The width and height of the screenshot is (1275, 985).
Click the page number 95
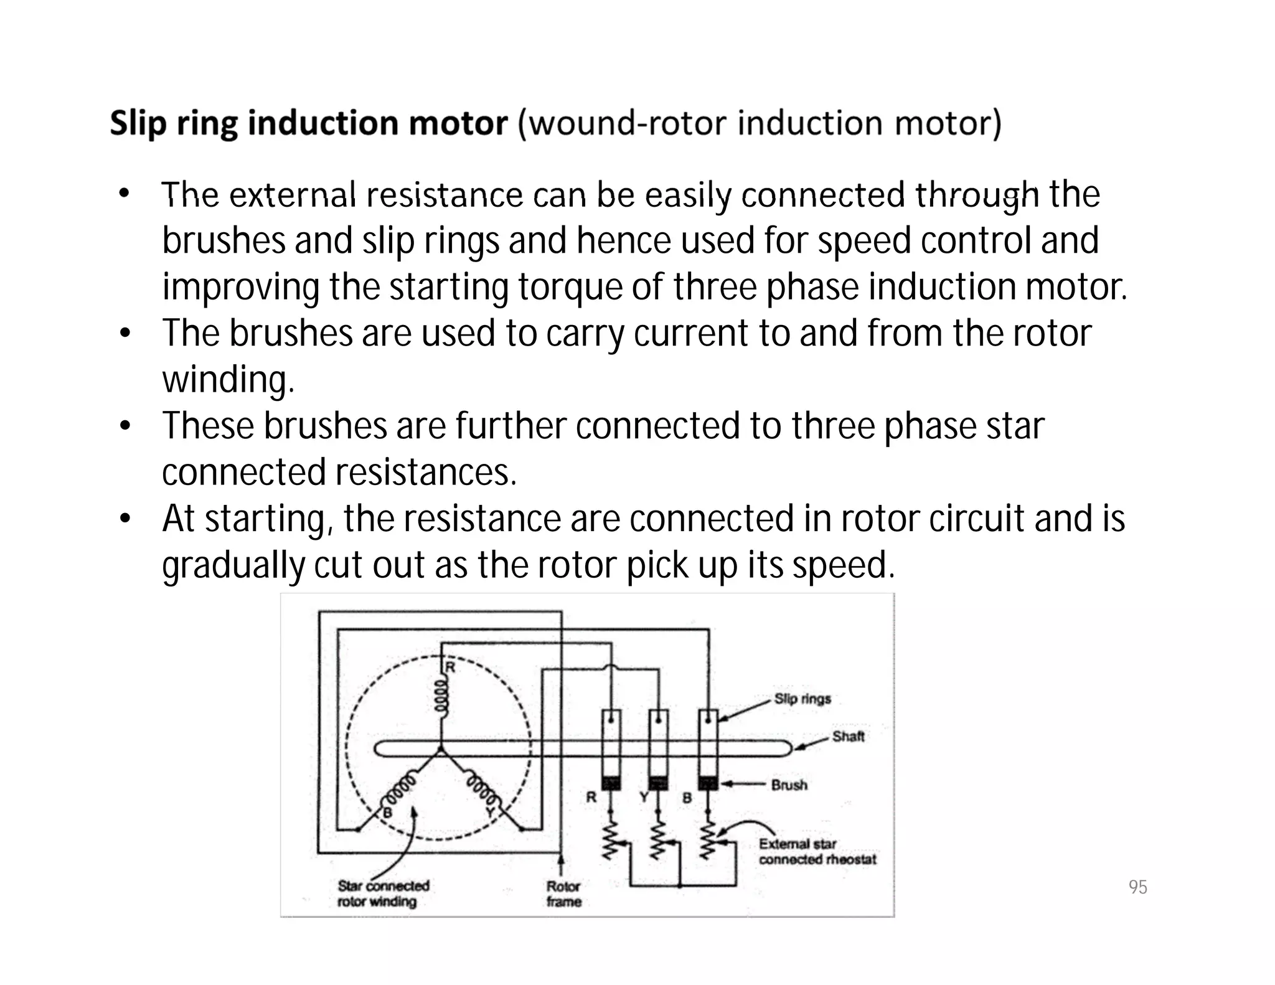[1137, 887]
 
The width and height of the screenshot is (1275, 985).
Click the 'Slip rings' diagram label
[802, 699]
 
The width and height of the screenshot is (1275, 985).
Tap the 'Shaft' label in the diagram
[848, 737]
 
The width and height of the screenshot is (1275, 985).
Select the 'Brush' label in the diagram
[789, 785]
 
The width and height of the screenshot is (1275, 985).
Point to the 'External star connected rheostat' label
[817, 851]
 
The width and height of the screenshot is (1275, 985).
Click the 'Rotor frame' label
[563, 893]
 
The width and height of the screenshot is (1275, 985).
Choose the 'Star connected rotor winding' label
[383, 893]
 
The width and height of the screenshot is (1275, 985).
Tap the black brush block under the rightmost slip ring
[708, 783]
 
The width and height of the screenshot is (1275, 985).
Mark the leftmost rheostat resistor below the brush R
[611, 839]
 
